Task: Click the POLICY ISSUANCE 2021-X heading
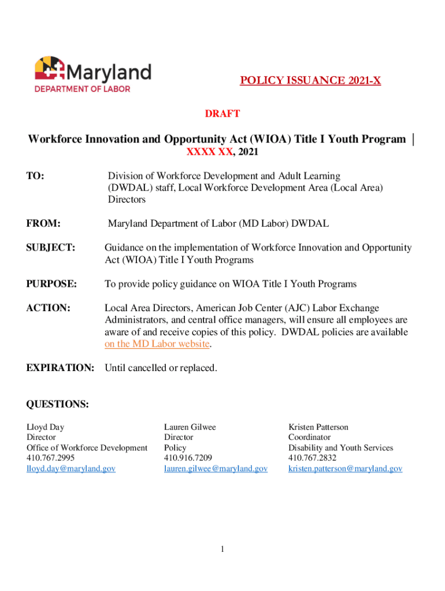tap(310, 81)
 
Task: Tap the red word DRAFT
tap(222, 114)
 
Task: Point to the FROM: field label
tap(44, 223)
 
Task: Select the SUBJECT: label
tap(51, 248)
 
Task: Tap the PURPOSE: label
tap(51, 284)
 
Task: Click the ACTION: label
tap(49, 308)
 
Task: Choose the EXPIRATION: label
tap(60, 368)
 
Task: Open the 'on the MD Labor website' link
tap(157, 344)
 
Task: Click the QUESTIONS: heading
tap(58, 405)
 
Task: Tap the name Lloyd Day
tap(46, 427)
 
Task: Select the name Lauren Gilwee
tap(190, 427)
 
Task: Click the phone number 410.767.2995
tap(51, 458)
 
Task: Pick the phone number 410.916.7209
tap(188, 458)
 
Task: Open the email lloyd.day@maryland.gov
tap(71, 469)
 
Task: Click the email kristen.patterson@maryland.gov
tap(345, 469)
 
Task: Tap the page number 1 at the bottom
tap(222, 549)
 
